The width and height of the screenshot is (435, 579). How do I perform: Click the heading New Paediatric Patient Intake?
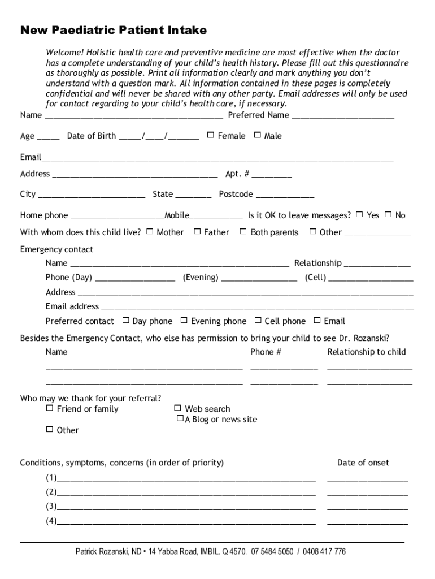[x=114, y=30]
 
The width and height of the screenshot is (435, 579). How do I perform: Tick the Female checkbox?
[x=211, y=135]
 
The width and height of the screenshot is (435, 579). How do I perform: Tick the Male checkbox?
[x=258, y=135]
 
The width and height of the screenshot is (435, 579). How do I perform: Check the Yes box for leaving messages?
[x=360, y=215]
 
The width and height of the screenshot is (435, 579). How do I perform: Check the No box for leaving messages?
[x=388, y=215]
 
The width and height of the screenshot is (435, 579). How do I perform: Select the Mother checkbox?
[x=150, y=231]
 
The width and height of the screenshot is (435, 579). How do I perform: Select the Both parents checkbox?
[x=243, y=231]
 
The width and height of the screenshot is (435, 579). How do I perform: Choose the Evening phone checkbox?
[x=184, y=321]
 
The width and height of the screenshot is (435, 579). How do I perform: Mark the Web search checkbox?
[x=177, y=408]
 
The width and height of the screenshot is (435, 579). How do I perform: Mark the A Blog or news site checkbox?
[x=180, y=419]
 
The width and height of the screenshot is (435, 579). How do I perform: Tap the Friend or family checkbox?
[x=50, y=408]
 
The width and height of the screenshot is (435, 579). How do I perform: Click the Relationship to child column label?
[x=366, y=352]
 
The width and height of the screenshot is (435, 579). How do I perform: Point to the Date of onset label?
[x=363, y=463]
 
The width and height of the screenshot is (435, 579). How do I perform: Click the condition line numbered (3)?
[x=186, y=507]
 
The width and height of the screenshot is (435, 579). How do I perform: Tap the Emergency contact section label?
[x=56, y=249]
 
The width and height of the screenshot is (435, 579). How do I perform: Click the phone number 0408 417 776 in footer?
[x=324, y=551]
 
